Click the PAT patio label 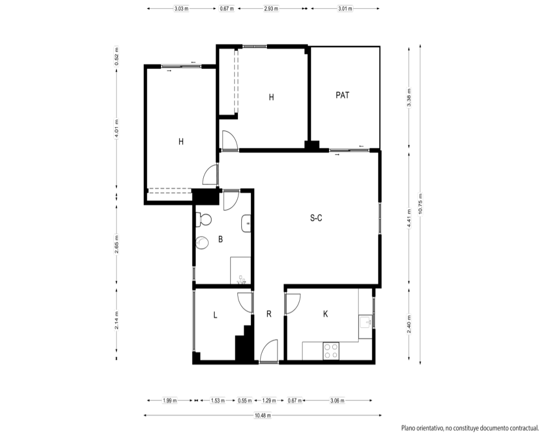coord(342,95)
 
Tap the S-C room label coord(316,218)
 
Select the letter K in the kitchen coord(325,314)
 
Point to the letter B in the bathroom coord(221,239)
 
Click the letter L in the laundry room coord(215,315)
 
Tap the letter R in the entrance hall coord(269,314)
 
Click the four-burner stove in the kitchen coord(331,351)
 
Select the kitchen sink coord(365,322)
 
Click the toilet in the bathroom coord(204,219)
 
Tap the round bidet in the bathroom coord(202,242)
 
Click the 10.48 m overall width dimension coord(263,416)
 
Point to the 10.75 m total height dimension coord(420,204)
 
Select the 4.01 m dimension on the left coord(117,129)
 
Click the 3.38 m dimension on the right coord(409,98)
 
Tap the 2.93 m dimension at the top coord(271,9)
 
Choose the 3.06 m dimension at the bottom coord(337,400)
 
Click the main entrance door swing coord(269,351)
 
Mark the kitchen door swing coord(293,304)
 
